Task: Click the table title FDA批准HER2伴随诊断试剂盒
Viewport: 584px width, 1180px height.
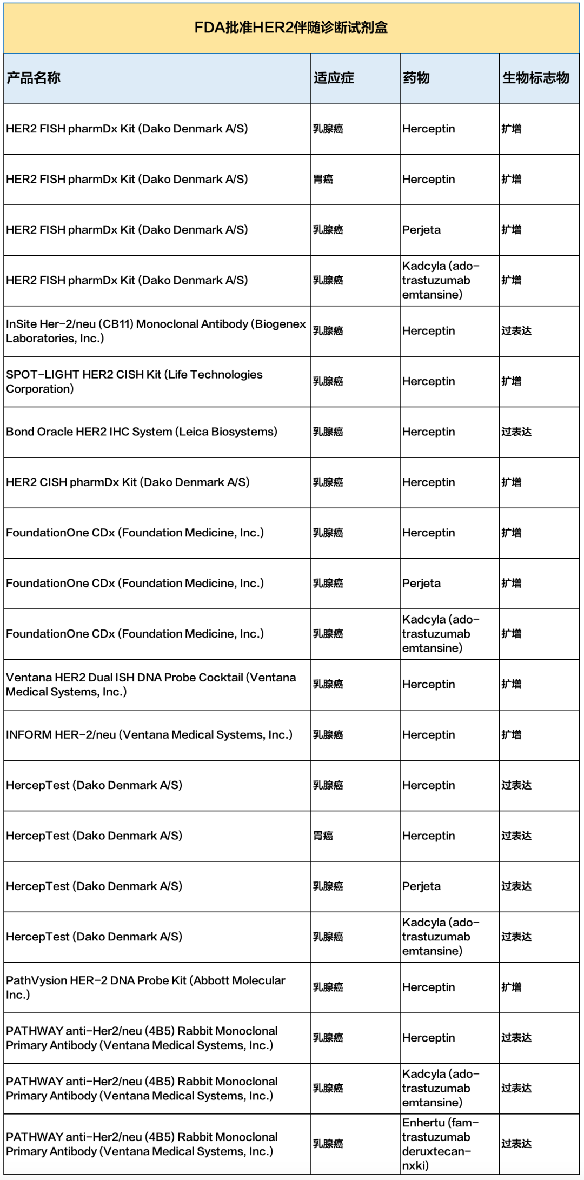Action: [291, 28]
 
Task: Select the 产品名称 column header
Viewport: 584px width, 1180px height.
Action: [34, 78]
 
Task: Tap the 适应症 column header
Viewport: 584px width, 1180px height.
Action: [334, 78]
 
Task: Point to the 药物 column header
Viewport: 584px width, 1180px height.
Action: [416, 78]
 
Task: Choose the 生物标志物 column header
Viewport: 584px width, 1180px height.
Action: [535, 78]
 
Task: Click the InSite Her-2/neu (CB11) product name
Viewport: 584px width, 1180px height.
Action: [156, 331]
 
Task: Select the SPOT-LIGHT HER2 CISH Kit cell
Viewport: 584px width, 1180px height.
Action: [134, 381]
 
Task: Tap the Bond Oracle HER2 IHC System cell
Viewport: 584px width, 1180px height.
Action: [142, 432]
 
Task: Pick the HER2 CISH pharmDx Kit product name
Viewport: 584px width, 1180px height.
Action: [128, 482]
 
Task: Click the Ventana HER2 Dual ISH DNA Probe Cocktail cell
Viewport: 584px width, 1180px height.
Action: [151, 684]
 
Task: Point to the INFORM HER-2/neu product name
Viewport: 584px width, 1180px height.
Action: [149, 734]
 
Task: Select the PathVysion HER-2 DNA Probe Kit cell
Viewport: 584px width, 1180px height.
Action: [145, 987]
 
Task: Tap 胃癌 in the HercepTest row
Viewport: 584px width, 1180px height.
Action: [323, 836]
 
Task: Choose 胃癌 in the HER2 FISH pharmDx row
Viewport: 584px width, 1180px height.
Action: [323, 179]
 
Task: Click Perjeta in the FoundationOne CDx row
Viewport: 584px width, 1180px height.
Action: [421, 583]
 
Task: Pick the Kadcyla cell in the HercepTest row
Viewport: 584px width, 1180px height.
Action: [440, 936]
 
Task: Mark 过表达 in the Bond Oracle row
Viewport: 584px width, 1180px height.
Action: [516, 432]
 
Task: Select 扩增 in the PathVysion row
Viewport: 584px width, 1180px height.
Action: [511, 987]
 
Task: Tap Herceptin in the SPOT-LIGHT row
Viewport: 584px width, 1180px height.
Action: [428, 381]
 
